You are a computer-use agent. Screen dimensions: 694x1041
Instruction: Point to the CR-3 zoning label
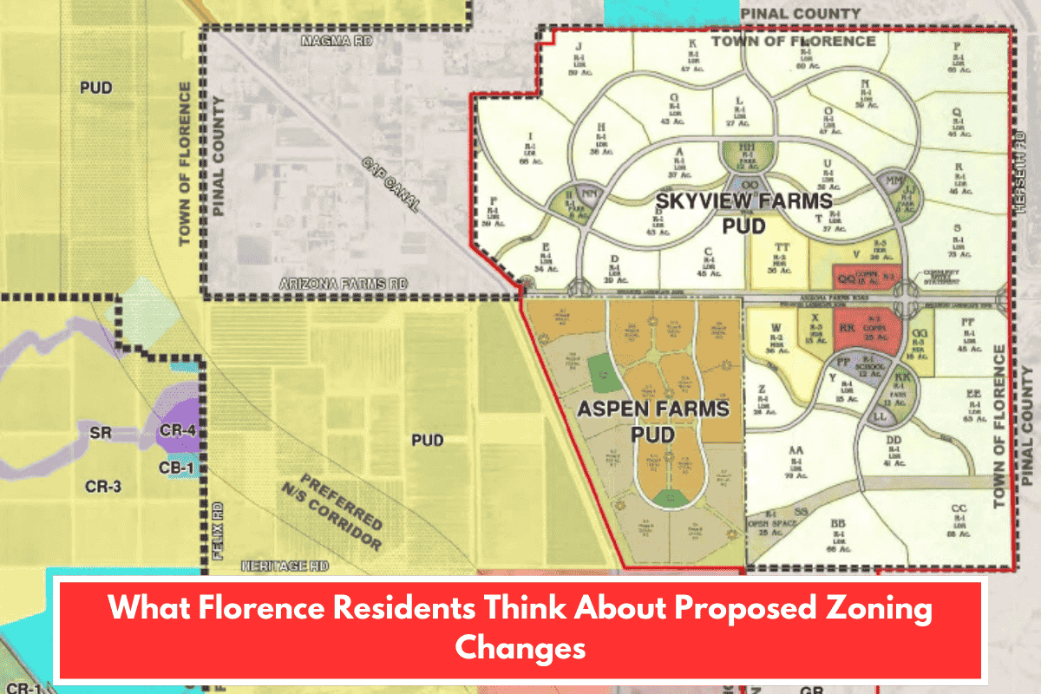tap(103, 487)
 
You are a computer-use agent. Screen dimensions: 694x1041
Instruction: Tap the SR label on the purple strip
tap(101, 432)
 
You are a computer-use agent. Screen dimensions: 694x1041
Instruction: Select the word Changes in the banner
tap(520, 646)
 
